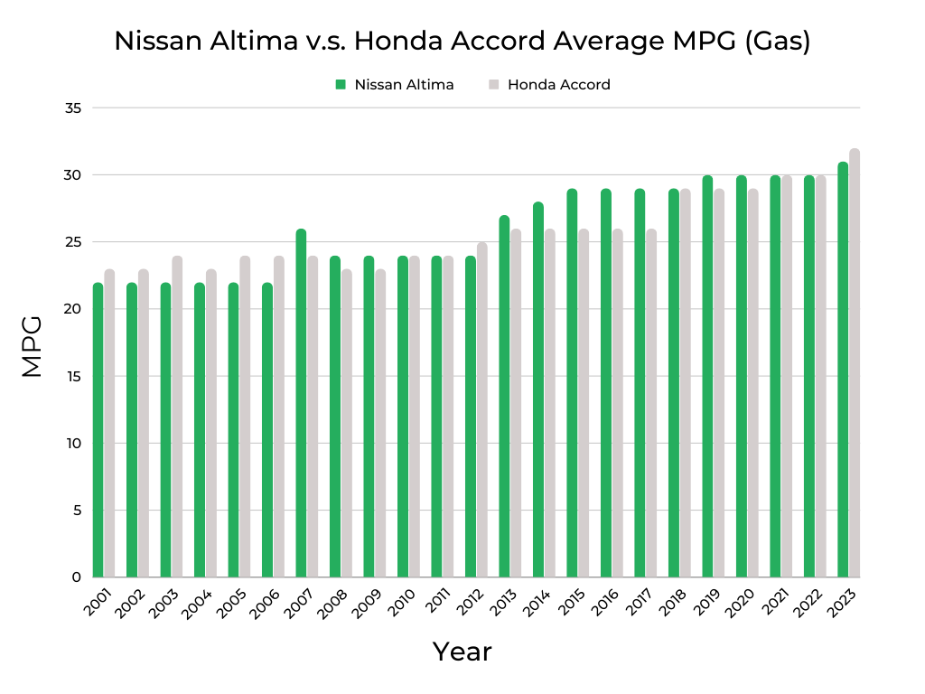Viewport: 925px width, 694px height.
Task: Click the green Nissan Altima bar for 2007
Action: tap(301, 403)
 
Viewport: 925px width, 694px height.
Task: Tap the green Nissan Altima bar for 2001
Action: tap(98, 430)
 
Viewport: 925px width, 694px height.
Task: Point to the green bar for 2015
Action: tap(572, 383)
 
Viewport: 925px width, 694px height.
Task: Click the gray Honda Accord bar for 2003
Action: tap(177, 417)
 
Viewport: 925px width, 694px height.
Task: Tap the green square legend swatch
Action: tap(341, 85)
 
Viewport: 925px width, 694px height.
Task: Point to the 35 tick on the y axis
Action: tap(73, 108)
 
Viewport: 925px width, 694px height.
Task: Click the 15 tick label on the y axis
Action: tap(73, 376)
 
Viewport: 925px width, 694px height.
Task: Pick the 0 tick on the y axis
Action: tap(77, 577)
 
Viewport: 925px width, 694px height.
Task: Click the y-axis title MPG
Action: tap(32, 345)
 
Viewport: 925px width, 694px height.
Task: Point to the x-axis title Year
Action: tap(462, 652)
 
